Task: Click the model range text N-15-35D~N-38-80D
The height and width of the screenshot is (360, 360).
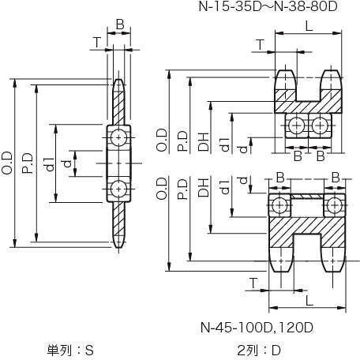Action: pyautogui.click(x=268, y=6)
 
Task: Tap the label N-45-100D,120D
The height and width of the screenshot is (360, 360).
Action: pyautogui.click(x=257, y=328)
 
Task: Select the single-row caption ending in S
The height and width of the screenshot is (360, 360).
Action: pyautogui.click(x=70, y=351)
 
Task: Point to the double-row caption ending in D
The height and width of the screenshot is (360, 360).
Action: pyautogui.click(x=259, y=351)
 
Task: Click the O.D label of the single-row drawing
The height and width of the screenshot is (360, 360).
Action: pyautogui.click(x=7, y=163)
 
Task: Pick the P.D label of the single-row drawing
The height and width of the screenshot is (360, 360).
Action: pyautogui.click(x=28, y=163)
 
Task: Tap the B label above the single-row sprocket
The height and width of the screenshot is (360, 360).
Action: pyautogui.click(x=120, y=24)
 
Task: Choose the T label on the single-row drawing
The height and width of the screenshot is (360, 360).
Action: pyautogui.click(x=97, y=42)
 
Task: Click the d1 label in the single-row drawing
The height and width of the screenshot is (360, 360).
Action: pyautogui.click(x=50, y=164)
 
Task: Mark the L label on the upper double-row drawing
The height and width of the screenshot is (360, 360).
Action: pyautogui.click(x=309, y=26)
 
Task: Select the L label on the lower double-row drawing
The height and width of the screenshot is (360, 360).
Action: pyautogui.click(x=309, y=301)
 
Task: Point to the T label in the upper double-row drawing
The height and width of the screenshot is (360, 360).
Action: pyautogui.click(x=260, y=45)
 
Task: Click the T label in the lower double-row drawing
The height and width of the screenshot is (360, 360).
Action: pyautogui.click(x=253, y=283)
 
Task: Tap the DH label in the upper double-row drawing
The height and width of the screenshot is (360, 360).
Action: pyautogui.click(x=204, y=142)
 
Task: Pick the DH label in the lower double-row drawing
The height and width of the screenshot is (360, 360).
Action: pyautogui.click(x=204, y=188)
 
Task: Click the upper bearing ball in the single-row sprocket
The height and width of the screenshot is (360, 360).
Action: pyautogui.click(x=118, y=137)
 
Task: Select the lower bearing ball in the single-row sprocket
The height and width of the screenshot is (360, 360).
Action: pyautogui.click(x=118, y=189)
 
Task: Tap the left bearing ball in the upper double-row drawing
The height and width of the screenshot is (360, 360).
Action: pyautogui.click(x=297, y=126)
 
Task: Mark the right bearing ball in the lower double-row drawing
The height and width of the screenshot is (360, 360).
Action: pyautogui.click(x=334, y=205)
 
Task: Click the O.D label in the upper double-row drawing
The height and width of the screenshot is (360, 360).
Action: pyautogui.click(x=162, y=140)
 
